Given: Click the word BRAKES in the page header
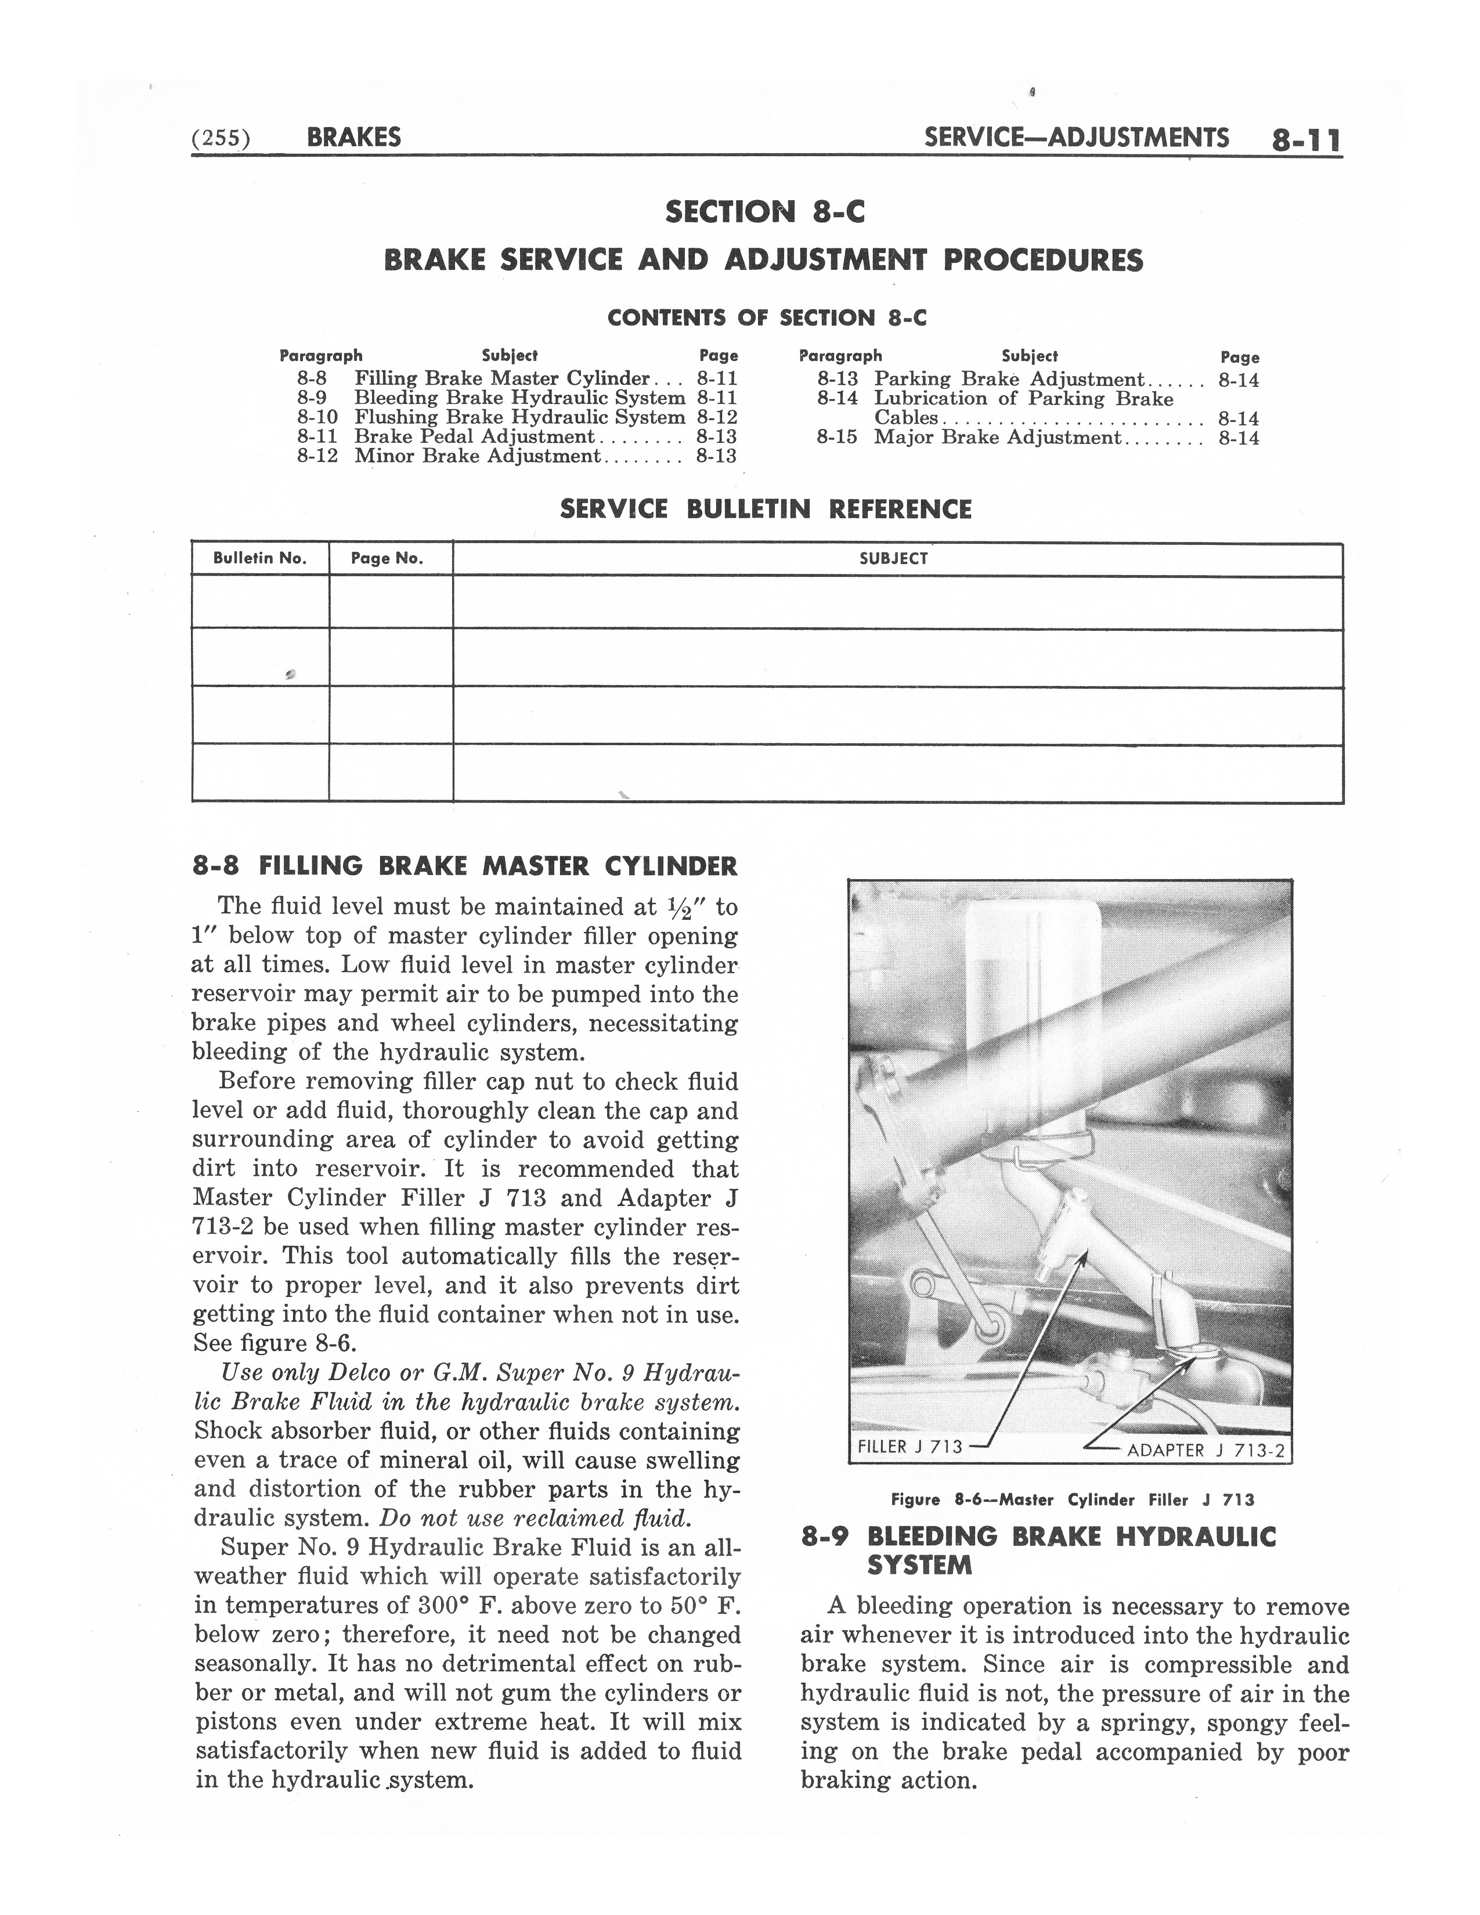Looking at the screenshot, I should coord(354,138).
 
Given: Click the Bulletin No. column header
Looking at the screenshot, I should coord(261,558).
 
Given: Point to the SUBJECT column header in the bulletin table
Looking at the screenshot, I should coord(893,558).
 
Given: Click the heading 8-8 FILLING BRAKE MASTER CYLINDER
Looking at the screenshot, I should coord(465,866).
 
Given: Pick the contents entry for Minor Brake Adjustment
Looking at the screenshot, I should coord(477,456).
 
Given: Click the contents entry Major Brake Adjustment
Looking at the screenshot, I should coord(997,438).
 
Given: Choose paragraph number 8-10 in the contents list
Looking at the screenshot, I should coord(316,417).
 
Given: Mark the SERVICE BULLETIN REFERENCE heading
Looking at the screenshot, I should coord(766,510).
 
